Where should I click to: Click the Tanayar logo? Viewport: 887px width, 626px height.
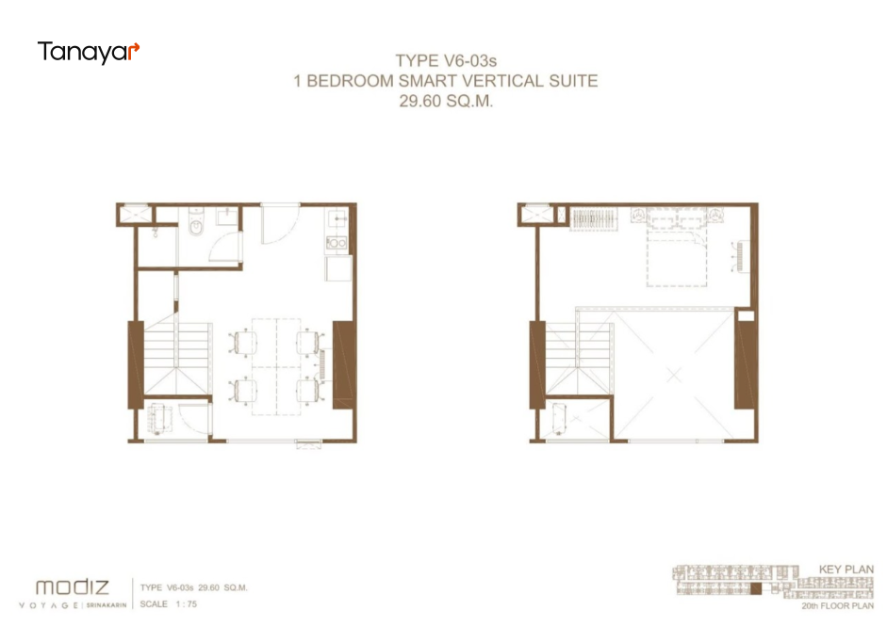(x=89, y=52)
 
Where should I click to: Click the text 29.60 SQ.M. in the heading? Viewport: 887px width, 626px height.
(x=446, y=101)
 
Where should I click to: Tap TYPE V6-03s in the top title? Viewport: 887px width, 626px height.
(x=446, y=60)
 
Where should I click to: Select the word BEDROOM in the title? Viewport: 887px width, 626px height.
(x=350, y=81)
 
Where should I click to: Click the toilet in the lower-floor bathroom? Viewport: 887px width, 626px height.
(x=196, y=222)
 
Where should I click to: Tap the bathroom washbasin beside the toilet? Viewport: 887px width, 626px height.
(x=227, y=216)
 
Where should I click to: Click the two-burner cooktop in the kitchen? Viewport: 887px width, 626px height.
(x=337, y=243)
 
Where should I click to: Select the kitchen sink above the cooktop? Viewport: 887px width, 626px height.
(x=337, y=217)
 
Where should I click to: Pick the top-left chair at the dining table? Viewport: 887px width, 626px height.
(x=243, y=342)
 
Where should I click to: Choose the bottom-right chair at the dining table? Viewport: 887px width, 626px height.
(x=309, y=390)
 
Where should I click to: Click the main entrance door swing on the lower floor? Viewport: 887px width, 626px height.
(x=280, y=223)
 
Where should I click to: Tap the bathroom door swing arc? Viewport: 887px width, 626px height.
(x=226, y=247)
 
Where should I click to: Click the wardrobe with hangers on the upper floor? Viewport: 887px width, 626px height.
(x=594, y=218)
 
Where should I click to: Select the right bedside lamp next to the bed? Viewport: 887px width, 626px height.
(x=715, y=215)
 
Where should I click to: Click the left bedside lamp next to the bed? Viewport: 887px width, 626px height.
(x=639, y=215)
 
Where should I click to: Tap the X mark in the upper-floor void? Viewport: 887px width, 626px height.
(x=673, y=375)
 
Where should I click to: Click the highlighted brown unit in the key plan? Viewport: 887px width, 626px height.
(x=756, y=588)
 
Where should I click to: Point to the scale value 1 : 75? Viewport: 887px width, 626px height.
(x=186, y=604)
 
